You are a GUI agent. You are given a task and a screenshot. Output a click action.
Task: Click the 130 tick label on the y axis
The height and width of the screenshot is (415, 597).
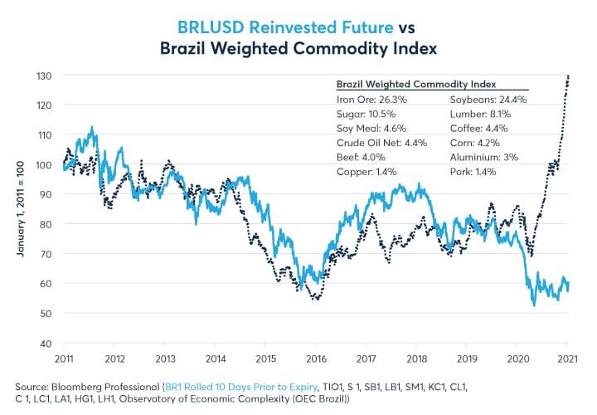[47, 76]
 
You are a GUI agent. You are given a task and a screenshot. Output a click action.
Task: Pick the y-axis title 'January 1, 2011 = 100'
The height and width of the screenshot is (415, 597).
[19, 209]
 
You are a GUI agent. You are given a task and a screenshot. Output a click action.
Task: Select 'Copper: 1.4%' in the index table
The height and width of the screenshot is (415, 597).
[367, 172]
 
